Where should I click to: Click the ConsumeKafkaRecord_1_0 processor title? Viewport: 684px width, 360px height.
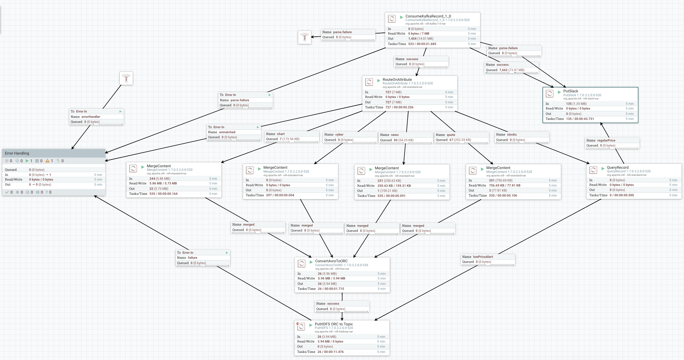(428, 16)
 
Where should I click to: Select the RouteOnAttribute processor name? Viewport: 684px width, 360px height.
(397, 80)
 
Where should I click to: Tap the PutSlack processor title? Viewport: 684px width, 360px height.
(571, 91)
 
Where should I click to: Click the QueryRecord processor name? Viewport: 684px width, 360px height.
(617, 168)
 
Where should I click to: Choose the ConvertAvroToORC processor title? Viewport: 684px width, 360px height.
(331, 261)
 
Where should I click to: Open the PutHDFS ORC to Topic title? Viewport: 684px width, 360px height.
(334, 324)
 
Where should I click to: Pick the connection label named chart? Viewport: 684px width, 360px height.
(281, 134)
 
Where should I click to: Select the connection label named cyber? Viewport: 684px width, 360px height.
(339, 135)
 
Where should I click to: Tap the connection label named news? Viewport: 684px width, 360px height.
(395, 135)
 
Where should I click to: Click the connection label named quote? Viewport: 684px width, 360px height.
(451, 135)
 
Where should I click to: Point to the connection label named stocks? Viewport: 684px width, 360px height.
(512, 135)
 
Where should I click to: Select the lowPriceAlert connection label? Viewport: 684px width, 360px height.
(483, 257)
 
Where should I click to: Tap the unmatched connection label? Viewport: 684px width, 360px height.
(227, 132)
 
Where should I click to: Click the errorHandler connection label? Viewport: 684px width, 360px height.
(91, 117)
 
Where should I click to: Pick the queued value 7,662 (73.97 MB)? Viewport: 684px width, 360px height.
(512, 70)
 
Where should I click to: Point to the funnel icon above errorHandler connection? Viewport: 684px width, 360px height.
(126, 78)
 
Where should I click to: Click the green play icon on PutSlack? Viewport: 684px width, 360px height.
(559, 92)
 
